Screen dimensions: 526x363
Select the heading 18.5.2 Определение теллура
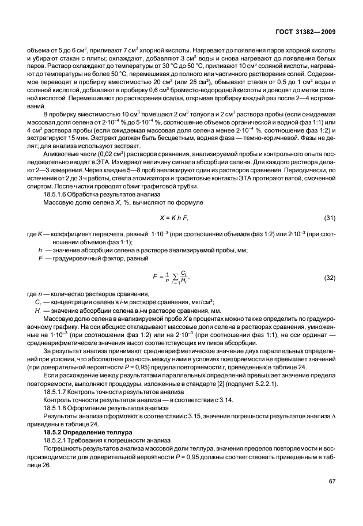point(86,431)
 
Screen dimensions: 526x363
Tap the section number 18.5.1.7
point(57,391)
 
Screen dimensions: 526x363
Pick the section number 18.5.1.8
point(57,407)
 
